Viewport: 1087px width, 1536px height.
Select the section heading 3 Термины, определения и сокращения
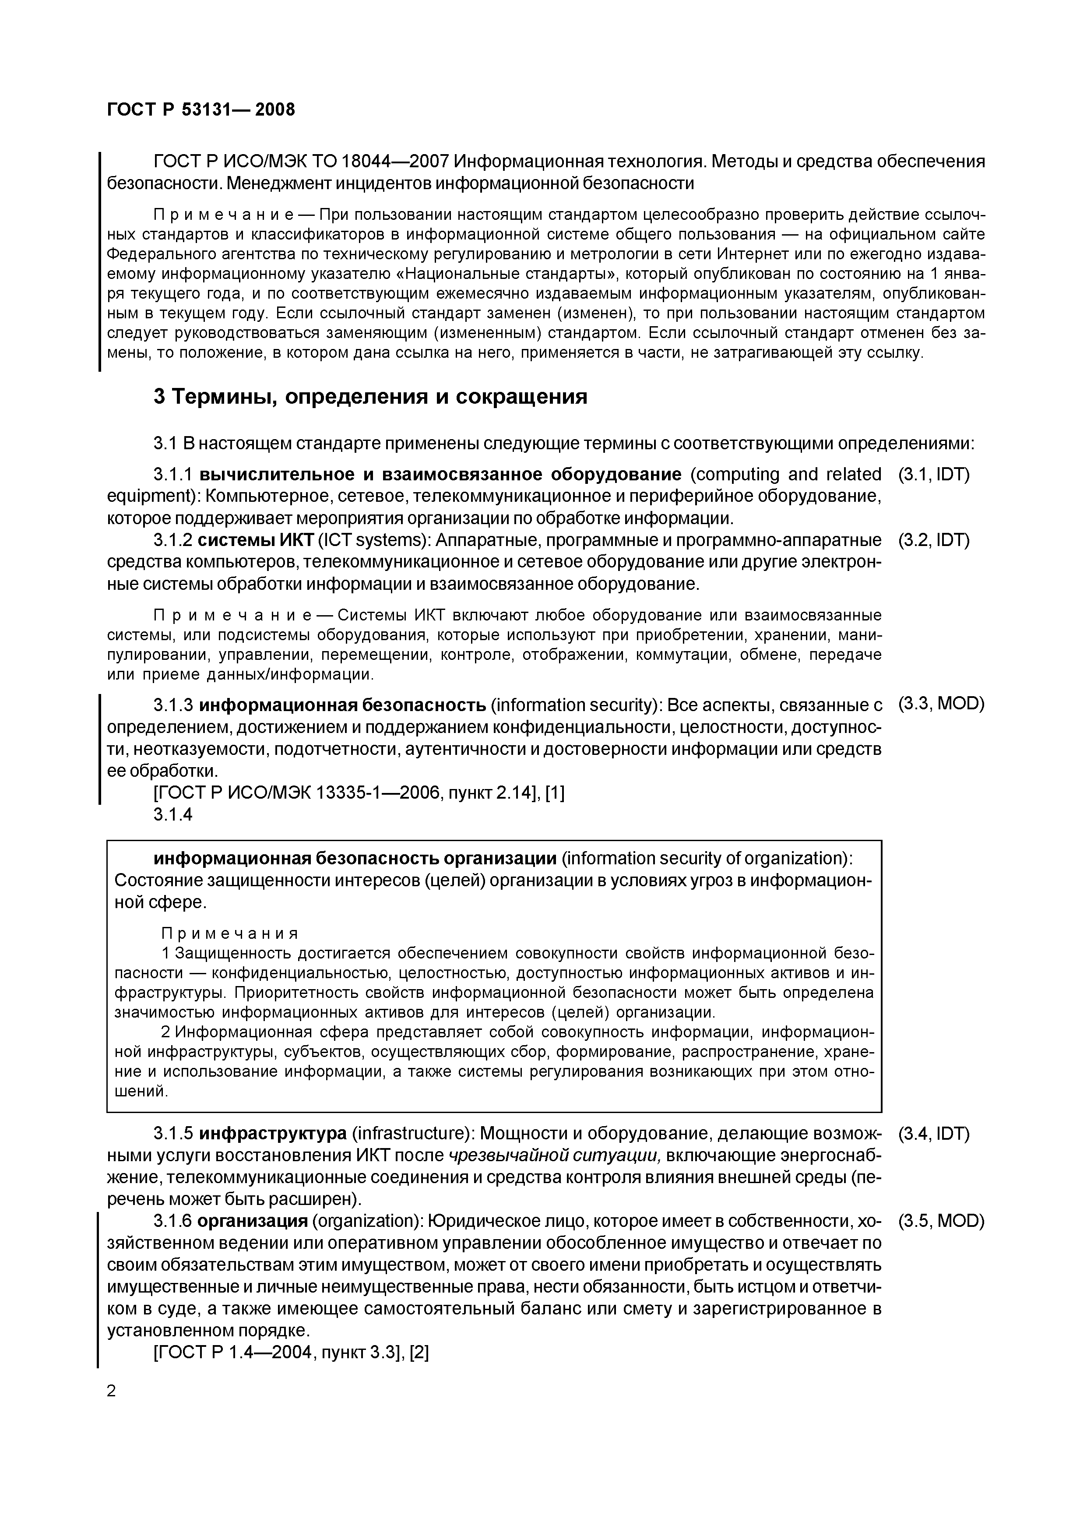click(370, 397)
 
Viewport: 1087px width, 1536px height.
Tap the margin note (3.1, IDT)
click(933, 475)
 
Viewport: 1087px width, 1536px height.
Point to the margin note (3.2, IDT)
click(933, 540)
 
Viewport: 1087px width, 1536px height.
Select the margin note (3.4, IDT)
click(933, 1134)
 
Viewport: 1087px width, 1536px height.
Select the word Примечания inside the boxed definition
click(229, 934)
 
